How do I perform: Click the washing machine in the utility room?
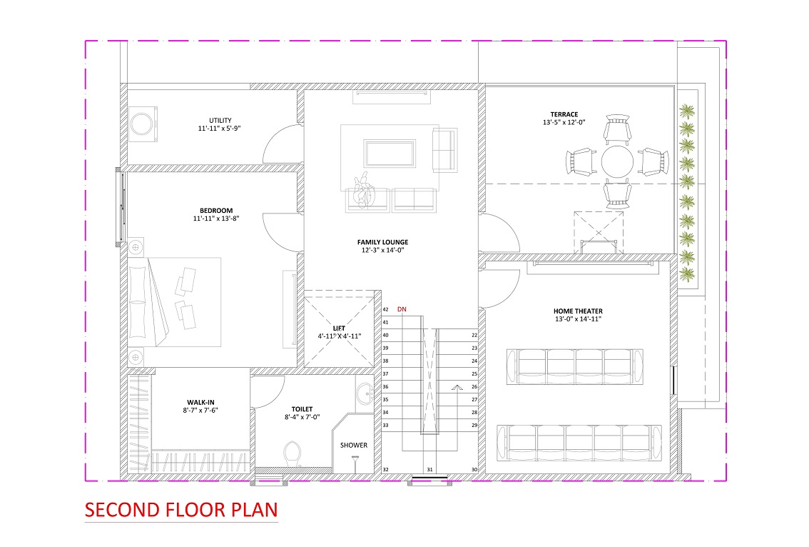[x=143, y=124]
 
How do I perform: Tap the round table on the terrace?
[x=617, y=161]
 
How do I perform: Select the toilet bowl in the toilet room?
[x=292, y=453]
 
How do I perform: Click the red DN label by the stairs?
[x=402, y=309]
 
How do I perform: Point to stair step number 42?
[x=385, y=309]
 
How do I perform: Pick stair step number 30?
[x=474, y=470]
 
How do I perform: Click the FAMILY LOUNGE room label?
[x=383, y=242]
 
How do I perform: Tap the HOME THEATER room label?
[x=578, y=311]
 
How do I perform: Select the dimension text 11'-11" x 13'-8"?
[x=216, y=219]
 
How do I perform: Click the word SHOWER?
[x=354, y=446]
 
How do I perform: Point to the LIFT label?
[x=339, y=328]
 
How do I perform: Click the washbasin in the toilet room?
[x=365, y=393]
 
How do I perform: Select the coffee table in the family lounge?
[x=390, y=154]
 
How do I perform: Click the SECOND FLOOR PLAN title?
[x=181, y=510]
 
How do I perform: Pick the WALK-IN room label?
[x=200, y=402]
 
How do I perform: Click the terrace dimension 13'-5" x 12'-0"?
[x=564, y=122]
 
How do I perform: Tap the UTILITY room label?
[x=220, y=121]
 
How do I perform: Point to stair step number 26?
[x=474, y=386]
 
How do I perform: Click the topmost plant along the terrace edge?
[x=687, y=111]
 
